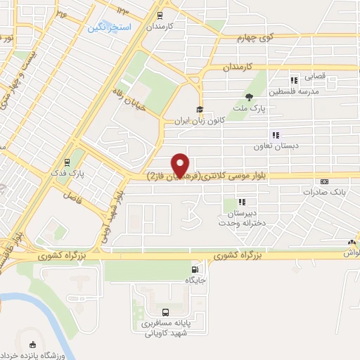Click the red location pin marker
click(181, 165)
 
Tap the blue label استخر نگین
click(106, 28)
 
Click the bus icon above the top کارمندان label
click(160, 15)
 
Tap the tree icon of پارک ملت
click(248, 97)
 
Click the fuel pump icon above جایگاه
click(193, 269)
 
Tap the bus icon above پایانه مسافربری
click(165, 312)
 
